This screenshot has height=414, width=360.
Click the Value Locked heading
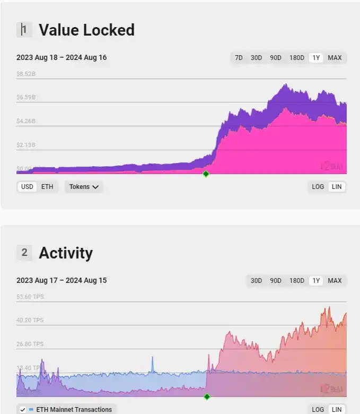pos(86,30)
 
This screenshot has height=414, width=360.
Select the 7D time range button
pos(239,58)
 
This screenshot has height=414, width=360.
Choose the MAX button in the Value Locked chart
pos(335,58)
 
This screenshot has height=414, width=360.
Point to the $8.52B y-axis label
pos(26,74)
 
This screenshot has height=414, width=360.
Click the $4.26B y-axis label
pos(26,122)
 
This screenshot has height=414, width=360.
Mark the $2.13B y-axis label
pos(26,145)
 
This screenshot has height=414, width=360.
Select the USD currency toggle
pos(27,187)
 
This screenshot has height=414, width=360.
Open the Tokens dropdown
pos(84,187)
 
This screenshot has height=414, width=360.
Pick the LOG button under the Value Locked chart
pos(318,187)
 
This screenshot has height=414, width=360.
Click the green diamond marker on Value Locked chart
pos(206,174)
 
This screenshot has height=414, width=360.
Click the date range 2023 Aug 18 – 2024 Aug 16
pos(62,57)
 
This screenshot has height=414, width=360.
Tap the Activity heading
pos(66,253)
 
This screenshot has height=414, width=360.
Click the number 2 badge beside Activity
pos(24,253)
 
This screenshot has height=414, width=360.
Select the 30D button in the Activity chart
pos(256,281)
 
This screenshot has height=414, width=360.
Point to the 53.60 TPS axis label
pos(30,297)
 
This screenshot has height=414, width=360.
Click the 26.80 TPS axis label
pos(30,344)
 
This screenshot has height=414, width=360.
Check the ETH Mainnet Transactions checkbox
pos(23,410)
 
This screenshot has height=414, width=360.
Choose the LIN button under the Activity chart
pos(336,410)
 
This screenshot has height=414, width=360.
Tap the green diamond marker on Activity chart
pos(207,396)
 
